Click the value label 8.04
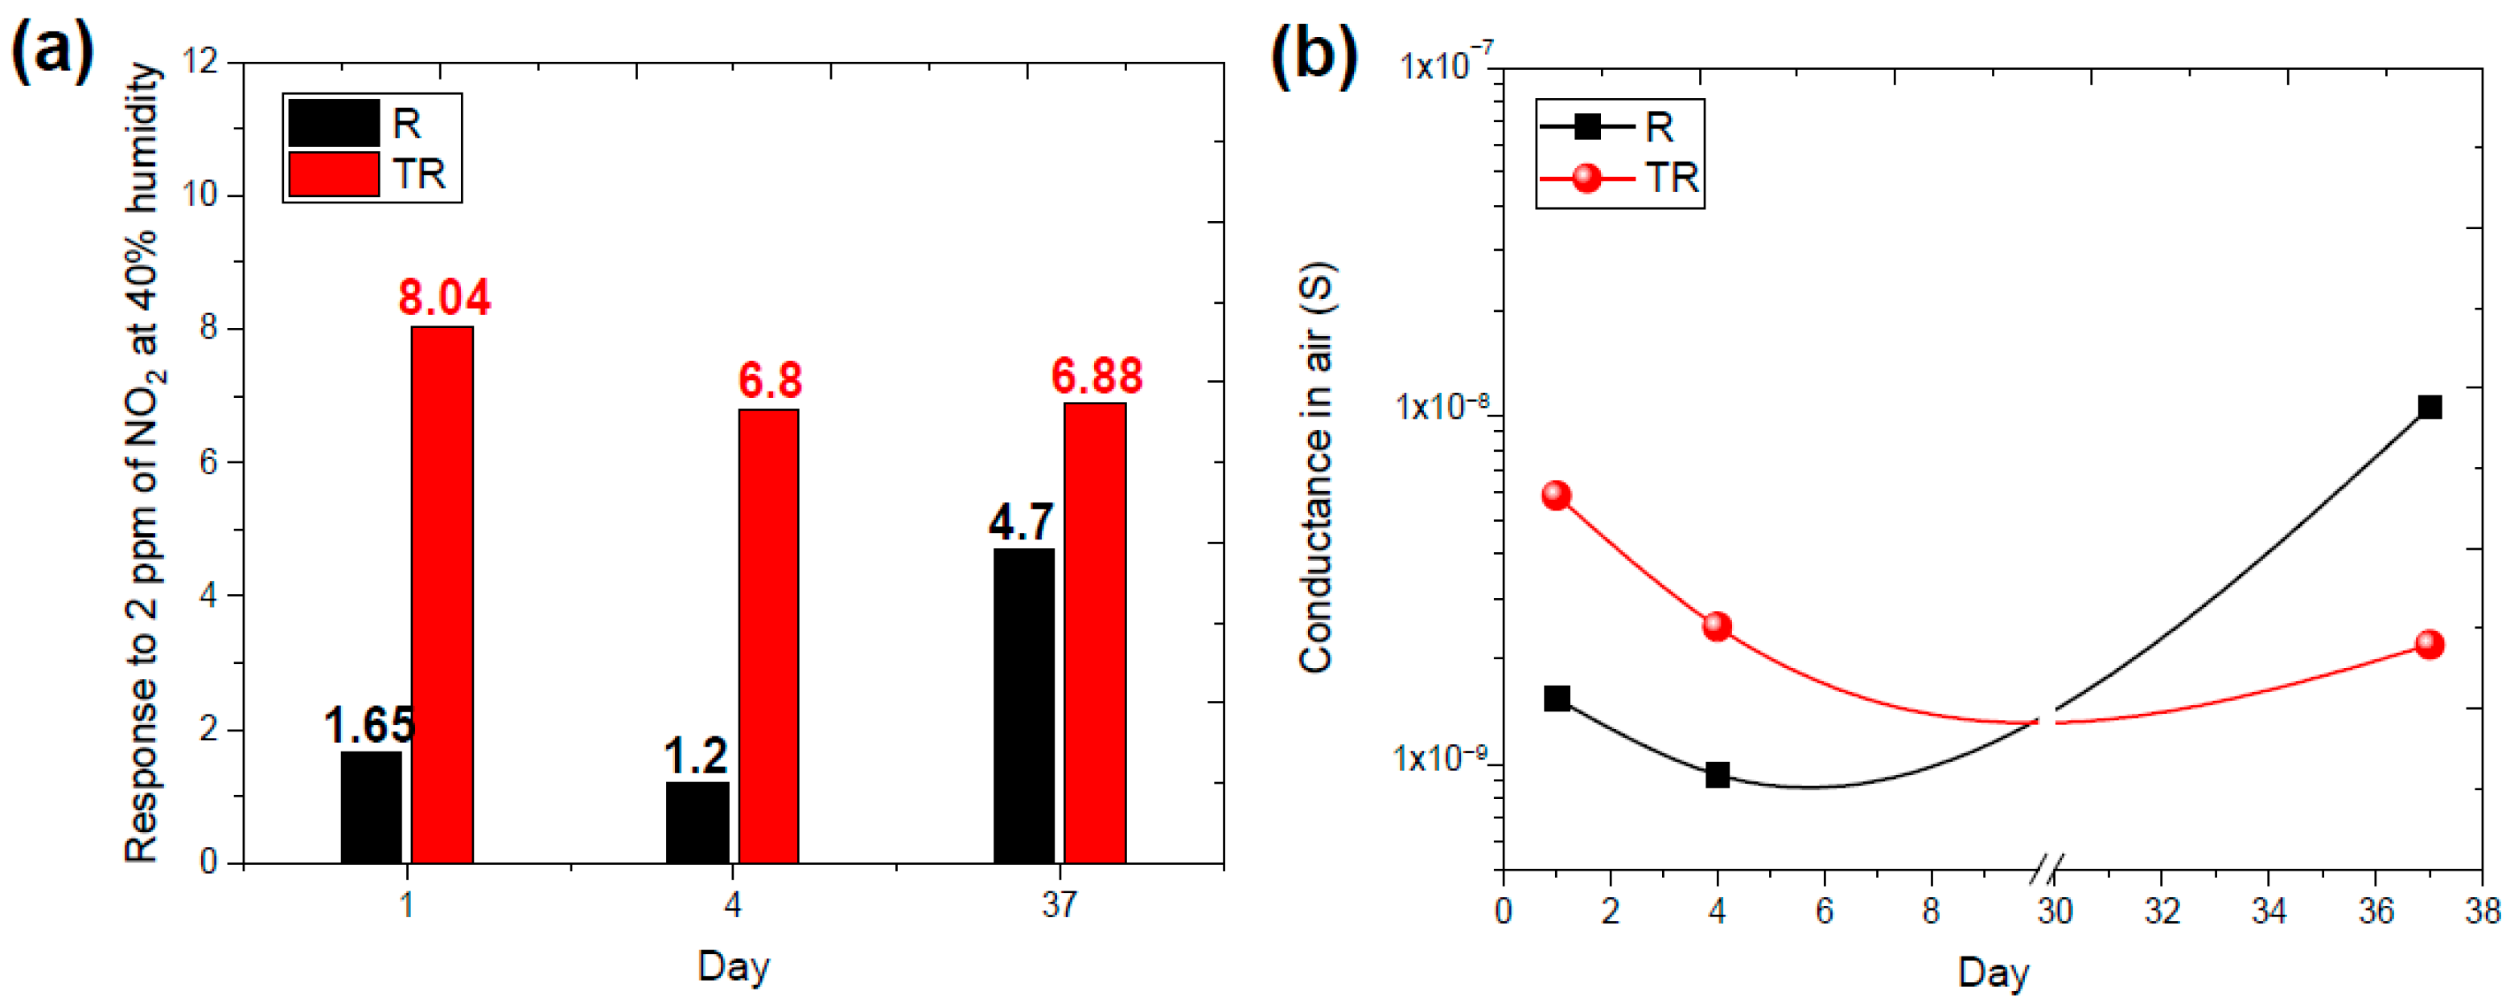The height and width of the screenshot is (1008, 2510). [444, 297]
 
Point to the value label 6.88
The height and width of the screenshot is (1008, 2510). [1097, 376]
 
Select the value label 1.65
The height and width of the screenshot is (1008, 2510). [369, 724]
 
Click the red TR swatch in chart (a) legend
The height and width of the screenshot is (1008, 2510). [333, 174]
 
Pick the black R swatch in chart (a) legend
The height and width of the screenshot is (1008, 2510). [333, 123]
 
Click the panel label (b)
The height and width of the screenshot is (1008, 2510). [1315, 54]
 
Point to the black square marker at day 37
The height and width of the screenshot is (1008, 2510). [2429, 407]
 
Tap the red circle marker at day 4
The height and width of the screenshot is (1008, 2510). [1717, 625]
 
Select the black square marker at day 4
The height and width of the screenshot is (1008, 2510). [1717, 775]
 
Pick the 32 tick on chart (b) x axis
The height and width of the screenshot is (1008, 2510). [2162, 911]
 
